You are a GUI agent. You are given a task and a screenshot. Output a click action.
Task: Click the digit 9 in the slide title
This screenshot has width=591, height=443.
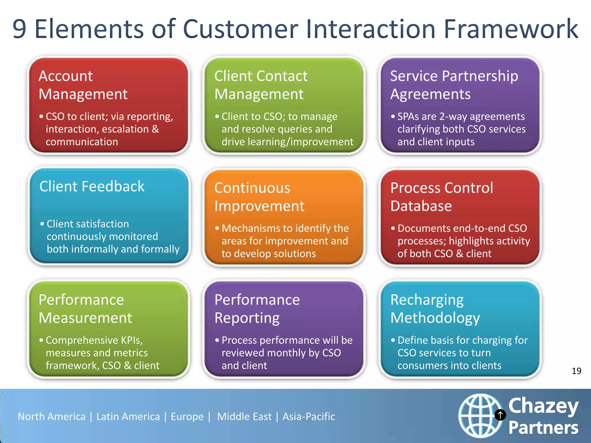(x=20, y=29)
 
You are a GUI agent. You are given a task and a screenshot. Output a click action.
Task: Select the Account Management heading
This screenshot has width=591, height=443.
(x=83, y=85)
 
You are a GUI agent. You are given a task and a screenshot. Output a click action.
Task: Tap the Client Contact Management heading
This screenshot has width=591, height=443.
(x=261, y=85)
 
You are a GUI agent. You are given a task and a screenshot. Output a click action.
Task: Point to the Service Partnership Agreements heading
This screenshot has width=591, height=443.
(x=454, y=85)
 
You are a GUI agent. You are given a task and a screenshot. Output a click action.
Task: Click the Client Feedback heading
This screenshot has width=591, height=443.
(x=92, y=186)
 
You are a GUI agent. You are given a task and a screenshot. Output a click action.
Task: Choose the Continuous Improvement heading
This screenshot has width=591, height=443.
(x=259, y=197)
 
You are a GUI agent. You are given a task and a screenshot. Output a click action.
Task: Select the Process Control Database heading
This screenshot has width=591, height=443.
(x=442, y=197)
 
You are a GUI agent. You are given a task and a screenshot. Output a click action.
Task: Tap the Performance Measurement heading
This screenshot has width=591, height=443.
(x=85, y=309)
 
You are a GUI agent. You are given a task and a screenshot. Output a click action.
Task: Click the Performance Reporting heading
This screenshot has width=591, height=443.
(x=257, y=309)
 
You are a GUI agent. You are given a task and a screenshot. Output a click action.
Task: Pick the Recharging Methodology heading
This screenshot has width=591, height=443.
(x=435, y=309)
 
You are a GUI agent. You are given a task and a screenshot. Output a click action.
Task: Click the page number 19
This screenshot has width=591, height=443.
(x=576, y=371)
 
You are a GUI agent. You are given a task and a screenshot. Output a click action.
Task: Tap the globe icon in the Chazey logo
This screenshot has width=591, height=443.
(x=480, y=415)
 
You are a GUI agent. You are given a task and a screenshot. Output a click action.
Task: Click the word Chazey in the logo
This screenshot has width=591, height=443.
(x=543, y=406)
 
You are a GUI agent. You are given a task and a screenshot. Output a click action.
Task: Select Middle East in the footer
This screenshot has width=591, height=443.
(x=244, y=417)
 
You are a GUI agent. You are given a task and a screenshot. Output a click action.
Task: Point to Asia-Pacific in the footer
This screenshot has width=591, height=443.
(x=308, y=417)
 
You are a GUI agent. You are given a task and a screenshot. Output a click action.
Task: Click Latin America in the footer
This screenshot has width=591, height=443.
(x=128, y=417)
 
